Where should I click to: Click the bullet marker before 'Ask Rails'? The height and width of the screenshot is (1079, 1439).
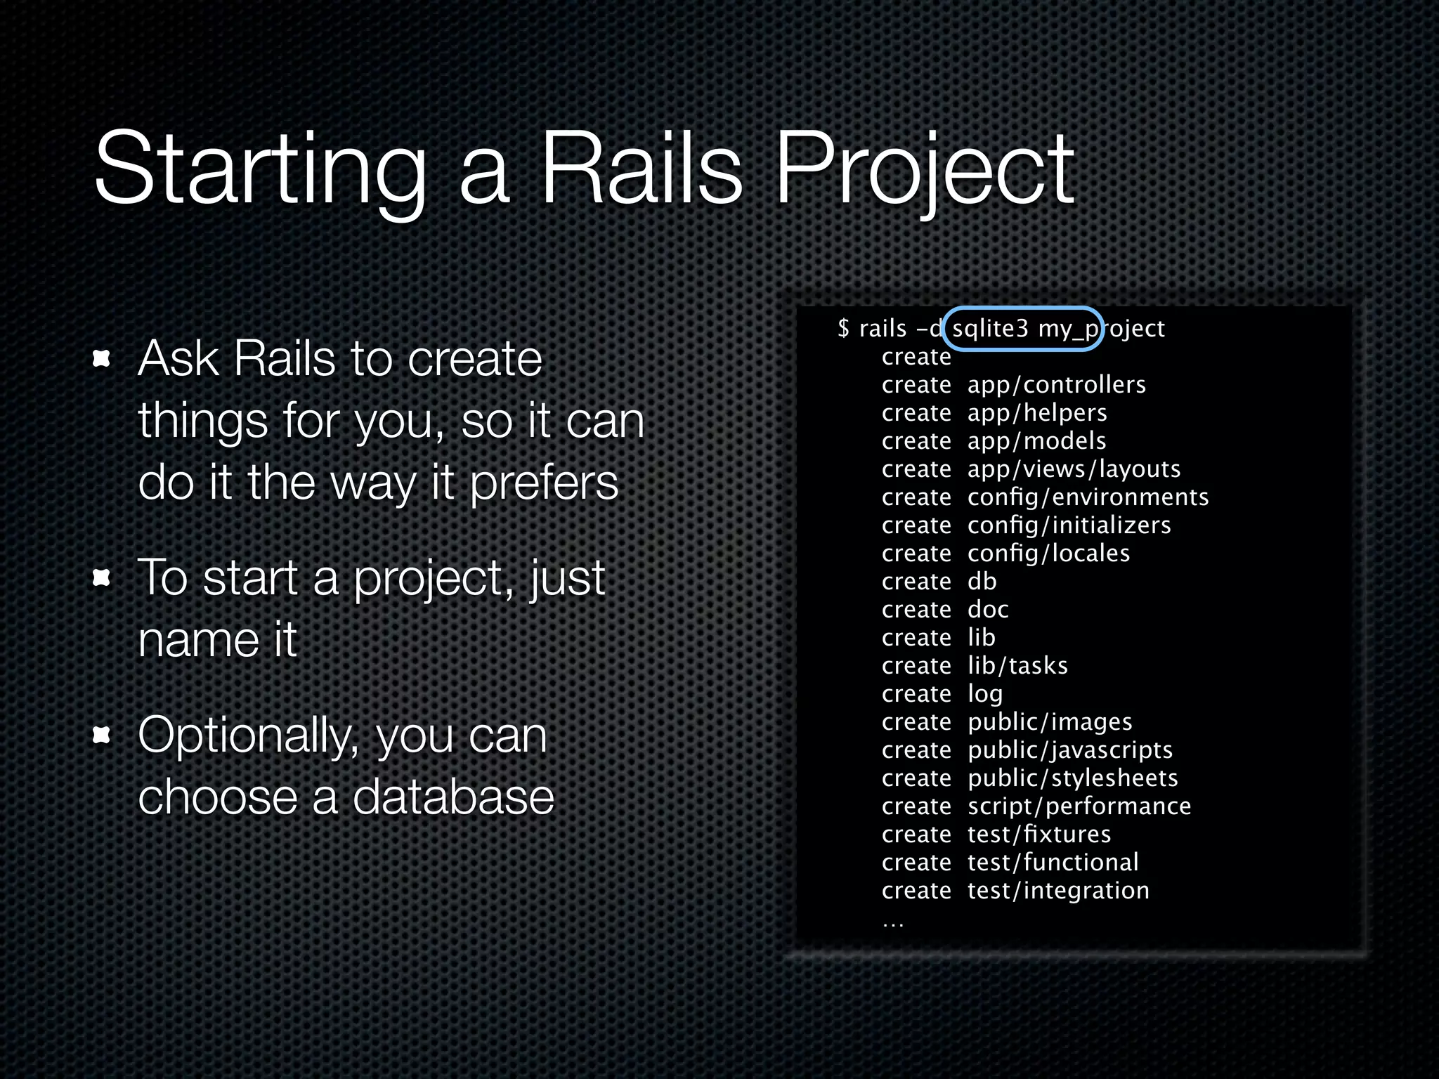[x=103, y=359]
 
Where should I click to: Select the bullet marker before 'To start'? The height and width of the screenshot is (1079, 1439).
[x=103, y=578]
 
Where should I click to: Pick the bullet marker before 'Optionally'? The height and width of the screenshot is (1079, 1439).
[x=103, y=735]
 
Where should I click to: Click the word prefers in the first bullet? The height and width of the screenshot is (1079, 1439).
[x=544, y=483]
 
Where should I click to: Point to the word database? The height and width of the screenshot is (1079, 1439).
[x=453, y=797]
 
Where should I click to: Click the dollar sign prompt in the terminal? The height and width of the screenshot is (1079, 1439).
[x=843, y=328]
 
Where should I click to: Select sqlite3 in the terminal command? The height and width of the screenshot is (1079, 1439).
[x=990, y=328]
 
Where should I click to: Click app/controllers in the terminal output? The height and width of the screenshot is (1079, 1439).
[x=1056, y=385]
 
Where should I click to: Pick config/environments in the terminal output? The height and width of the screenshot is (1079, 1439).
[x=1088, y=497]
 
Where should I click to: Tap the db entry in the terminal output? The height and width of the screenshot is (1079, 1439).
[x=982, y=582]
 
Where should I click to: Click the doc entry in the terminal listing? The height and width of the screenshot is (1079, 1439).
[x=988, y=610]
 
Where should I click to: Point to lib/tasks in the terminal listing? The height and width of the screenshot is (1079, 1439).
[x=1017, y=666]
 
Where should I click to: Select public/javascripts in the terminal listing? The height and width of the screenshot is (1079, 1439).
[x=1070, y=750]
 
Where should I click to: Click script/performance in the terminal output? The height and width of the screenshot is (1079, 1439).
[x=1079, y=806]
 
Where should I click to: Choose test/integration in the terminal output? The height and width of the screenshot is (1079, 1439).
[x=1058, y=891]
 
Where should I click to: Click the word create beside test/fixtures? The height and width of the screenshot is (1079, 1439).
[x=916, y=835]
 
